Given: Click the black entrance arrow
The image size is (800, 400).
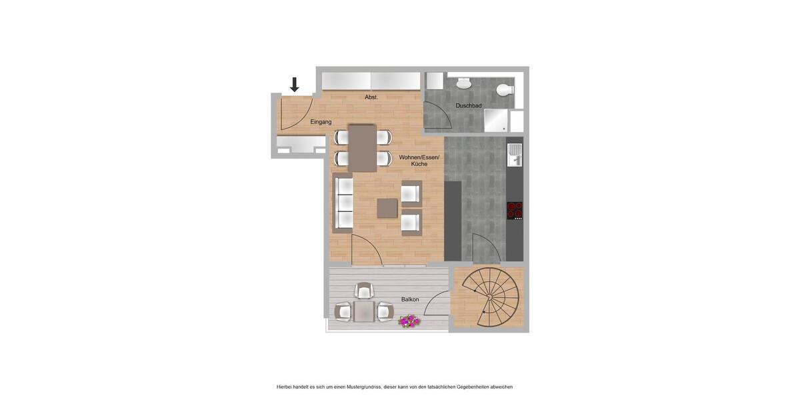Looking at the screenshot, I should (294, 85).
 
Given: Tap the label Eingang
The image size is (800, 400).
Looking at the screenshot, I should (321, 122).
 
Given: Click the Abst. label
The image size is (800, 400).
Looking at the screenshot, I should (371, 97).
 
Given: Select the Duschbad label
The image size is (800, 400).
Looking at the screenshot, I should (469, 105).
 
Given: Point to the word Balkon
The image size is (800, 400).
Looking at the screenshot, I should (410, 299).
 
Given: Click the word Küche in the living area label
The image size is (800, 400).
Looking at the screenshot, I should (419, 164).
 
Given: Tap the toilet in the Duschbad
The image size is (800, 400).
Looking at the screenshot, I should (505, 89).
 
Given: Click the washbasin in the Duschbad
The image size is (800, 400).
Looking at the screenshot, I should (463, 83).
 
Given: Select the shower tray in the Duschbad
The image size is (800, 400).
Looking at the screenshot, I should (495, 121).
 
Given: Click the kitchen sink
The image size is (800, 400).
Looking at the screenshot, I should (514, 155).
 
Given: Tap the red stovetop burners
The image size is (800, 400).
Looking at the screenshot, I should (514, 210).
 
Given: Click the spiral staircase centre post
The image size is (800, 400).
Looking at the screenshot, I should (489, 297).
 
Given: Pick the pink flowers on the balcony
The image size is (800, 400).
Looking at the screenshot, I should (409, 321).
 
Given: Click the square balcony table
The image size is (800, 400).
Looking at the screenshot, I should (364, 311).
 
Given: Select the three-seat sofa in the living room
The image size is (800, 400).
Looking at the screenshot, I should (343, 203).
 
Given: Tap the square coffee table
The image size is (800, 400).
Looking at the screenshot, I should (387, 208).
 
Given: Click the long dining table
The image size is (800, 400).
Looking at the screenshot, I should (363, 148).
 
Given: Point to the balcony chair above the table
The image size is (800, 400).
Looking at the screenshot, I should (364, 290).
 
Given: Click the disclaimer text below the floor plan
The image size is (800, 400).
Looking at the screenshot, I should (395, 387).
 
